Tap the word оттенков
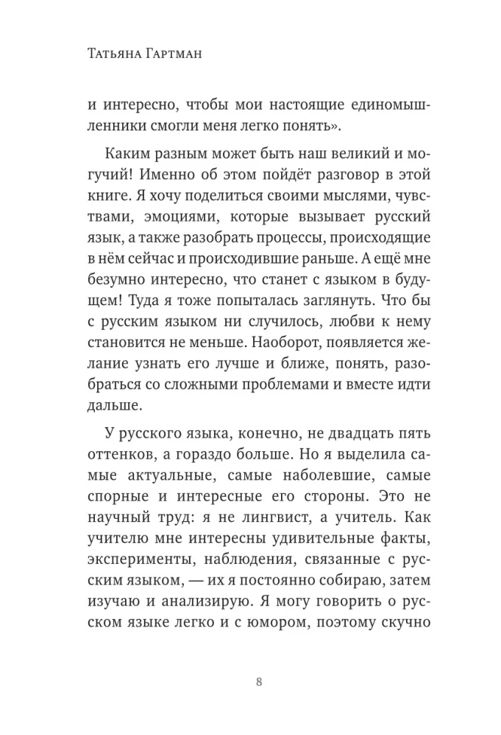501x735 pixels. [109, 451]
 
